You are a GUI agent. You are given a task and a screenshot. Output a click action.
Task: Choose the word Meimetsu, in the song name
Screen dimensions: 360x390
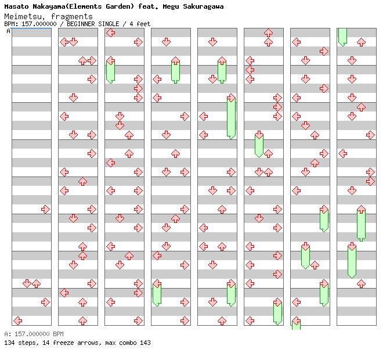coord(24,16)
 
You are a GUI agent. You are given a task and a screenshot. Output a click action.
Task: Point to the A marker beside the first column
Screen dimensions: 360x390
coord(8,31)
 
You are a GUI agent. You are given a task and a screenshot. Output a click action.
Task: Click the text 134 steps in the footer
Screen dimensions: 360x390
coord(17,343)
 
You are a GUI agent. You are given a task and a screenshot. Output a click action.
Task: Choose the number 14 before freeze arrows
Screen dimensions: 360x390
coord(43,343)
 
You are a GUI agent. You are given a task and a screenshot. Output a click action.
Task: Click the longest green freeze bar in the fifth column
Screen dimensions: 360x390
coord(231,118)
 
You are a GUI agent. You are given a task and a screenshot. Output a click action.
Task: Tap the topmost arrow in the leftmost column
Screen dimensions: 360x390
coord(45,209)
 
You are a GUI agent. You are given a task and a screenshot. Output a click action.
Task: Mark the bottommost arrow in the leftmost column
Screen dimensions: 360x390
coord(17,321)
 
